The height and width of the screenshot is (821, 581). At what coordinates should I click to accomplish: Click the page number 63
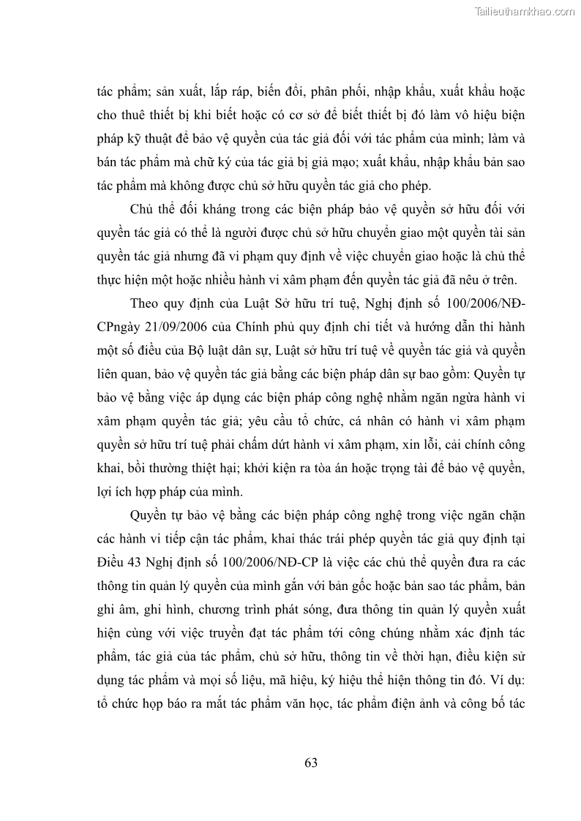(310, 764)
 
